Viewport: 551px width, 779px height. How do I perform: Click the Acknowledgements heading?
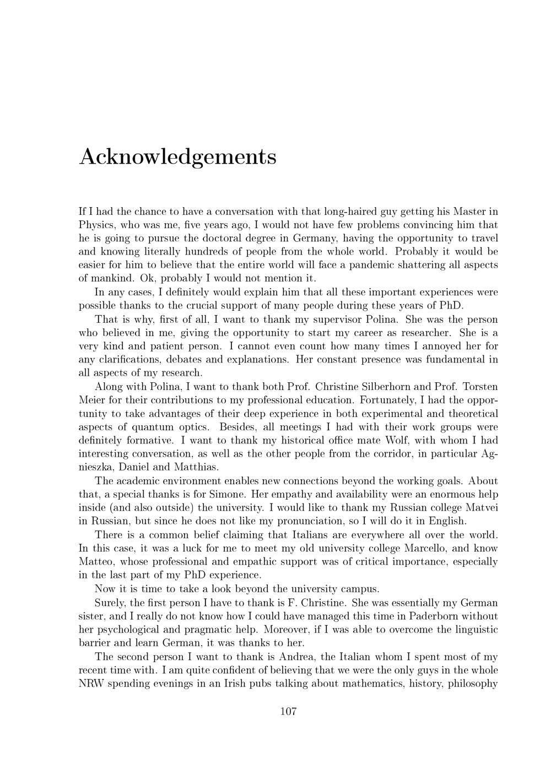177,157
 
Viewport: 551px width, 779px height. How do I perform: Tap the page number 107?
288,711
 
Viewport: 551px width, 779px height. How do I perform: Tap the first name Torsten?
479,387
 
